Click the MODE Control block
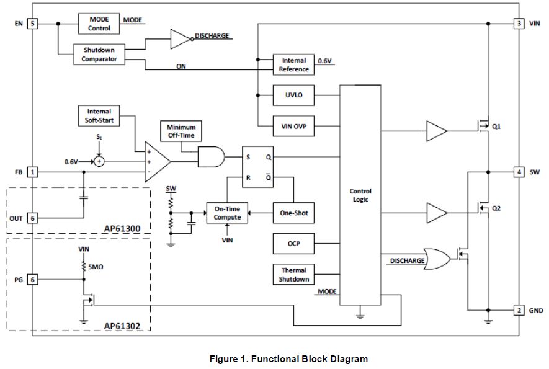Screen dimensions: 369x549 pos(99,24)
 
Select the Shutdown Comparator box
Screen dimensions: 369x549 pos(99,54)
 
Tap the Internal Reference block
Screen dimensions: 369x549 pos(294,64)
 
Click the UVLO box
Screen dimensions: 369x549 pos(294,96)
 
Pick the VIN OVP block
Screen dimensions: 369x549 pos(294,128)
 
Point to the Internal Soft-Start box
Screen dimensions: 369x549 pos(99,116)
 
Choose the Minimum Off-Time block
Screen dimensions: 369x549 pos(181,131)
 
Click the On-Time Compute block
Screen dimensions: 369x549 pos(227,213)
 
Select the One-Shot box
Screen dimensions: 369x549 pos(294,213)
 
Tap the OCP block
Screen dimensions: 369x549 pos(294,244)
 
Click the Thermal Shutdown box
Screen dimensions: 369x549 pos(294,274)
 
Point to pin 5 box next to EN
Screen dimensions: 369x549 pos(33,24)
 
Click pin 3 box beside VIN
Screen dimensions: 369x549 pos(519,24)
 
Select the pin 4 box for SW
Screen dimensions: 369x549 pos(519,171)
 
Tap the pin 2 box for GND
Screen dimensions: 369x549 pos(519,310)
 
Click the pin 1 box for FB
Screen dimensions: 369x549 pos(33,171)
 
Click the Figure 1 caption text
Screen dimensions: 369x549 pos(288,359)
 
